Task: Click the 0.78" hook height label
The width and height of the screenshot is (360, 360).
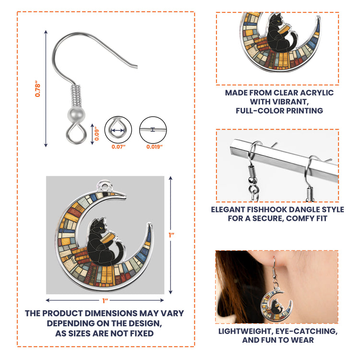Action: pyautogui.click(x=37, y=89)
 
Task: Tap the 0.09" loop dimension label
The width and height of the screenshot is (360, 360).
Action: pyautogui.click(x=96, y=133)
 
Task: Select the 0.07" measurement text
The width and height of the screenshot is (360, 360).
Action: pyautogui.click(x=119, y=147)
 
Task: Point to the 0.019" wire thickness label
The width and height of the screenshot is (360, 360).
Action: pyautogui.click(x=155, y=147)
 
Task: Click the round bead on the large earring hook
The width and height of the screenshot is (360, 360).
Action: pyautogui.click(x=76, y=114)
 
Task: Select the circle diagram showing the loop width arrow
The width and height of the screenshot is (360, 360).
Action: pyautogui.click(x=118, y=130)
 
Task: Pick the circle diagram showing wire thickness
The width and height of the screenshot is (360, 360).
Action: pyautogui.click(x=153, y=130)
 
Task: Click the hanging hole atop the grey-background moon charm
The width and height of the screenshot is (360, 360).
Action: pyautogui.click(x=105, y=185)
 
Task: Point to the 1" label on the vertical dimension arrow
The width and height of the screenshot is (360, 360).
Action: pyautogui.click(x=171, y=235)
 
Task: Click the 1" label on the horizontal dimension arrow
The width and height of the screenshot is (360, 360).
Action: pyautogui.click(x=105, y=300)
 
